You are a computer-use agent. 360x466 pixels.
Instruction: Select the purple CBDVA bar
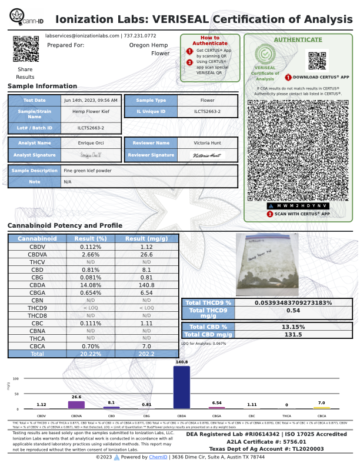76,405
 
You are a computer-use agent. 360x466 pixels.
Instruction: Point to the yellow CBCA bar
322,407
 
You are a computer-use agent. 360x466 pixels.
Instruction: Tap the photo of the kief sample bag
264,263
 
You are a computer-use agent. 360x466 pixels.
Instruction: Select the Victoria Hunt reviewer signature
208,155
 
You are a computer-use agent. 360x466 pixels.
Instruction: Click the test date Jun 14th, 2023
91,101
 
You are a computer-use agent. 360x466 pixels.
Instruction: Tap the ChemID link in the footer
158,457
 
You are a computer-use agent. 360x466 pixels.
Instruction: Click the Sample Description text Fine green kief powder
87,171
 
